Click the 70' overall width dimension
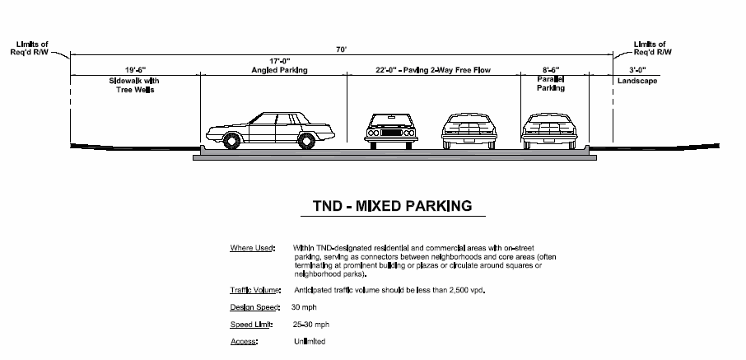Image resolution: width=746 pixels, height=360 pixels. pos(342,49)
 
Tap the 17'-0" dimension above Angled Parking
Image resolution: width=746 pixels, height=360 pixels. pos(277,60)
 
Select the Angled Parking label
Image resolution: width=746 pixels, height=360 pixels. pos(278,71)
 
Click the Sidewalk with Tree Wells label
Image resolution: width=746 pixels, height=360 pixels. pos(136,85)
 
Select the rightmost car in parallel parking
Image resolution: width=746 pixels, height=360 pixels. pos(549,132)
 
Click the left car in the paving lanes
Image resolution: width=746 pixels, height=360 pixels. pos(389,132)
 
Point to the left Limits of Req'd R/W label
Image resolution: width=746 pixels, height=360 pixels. pos(30,47)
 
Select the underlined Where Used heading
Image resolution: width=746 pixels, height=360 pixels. pos(252,247)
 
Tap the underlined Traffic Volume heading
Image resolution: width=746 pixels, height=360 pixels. pos(255,290)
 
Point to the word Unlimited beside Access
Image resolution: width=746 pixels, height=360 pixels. pos(309,341)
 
